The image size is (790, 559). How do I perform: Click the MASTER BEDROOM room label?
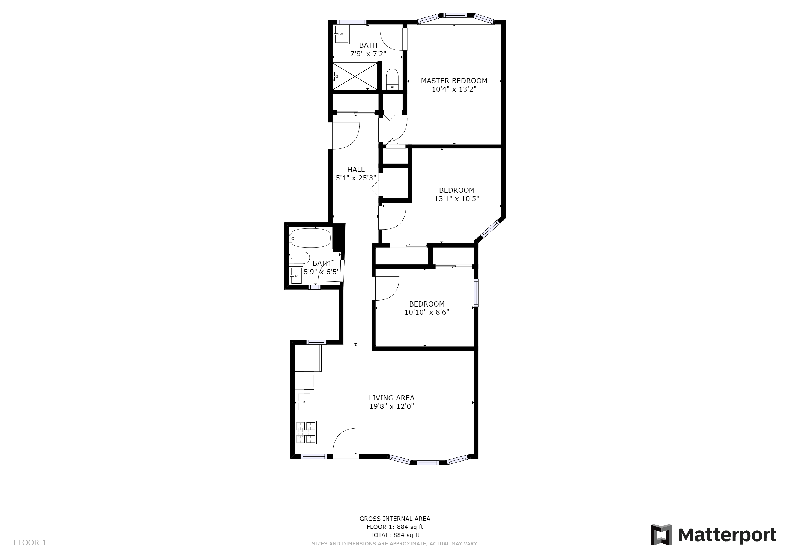pos(454,81)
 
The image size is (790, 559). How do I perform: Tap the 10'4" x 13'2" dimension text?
pos(454,90)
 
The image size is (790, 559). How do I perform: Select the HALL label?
pos(356,169)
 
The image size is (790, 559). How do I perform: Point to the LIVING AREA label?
pos(391,398)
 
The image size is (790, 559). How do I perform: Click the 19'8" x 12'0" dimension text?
pos(391,406)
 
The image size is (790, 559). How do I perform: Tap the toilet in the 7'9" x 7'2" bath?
pos(392,79)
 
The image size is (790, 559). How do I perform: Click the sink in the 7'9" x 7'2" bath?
pos(342,34)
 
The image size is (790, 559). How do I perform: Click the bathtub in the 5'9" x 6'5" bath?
pos(310,238)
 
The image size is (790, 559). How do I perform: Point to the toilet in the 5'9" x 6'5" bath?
pos(299,257)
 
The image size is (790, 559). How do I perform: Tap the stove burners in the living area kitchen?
pos(306,432)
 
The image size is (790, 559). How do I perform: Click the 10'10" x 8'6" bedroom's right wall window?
pos(476,293)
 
